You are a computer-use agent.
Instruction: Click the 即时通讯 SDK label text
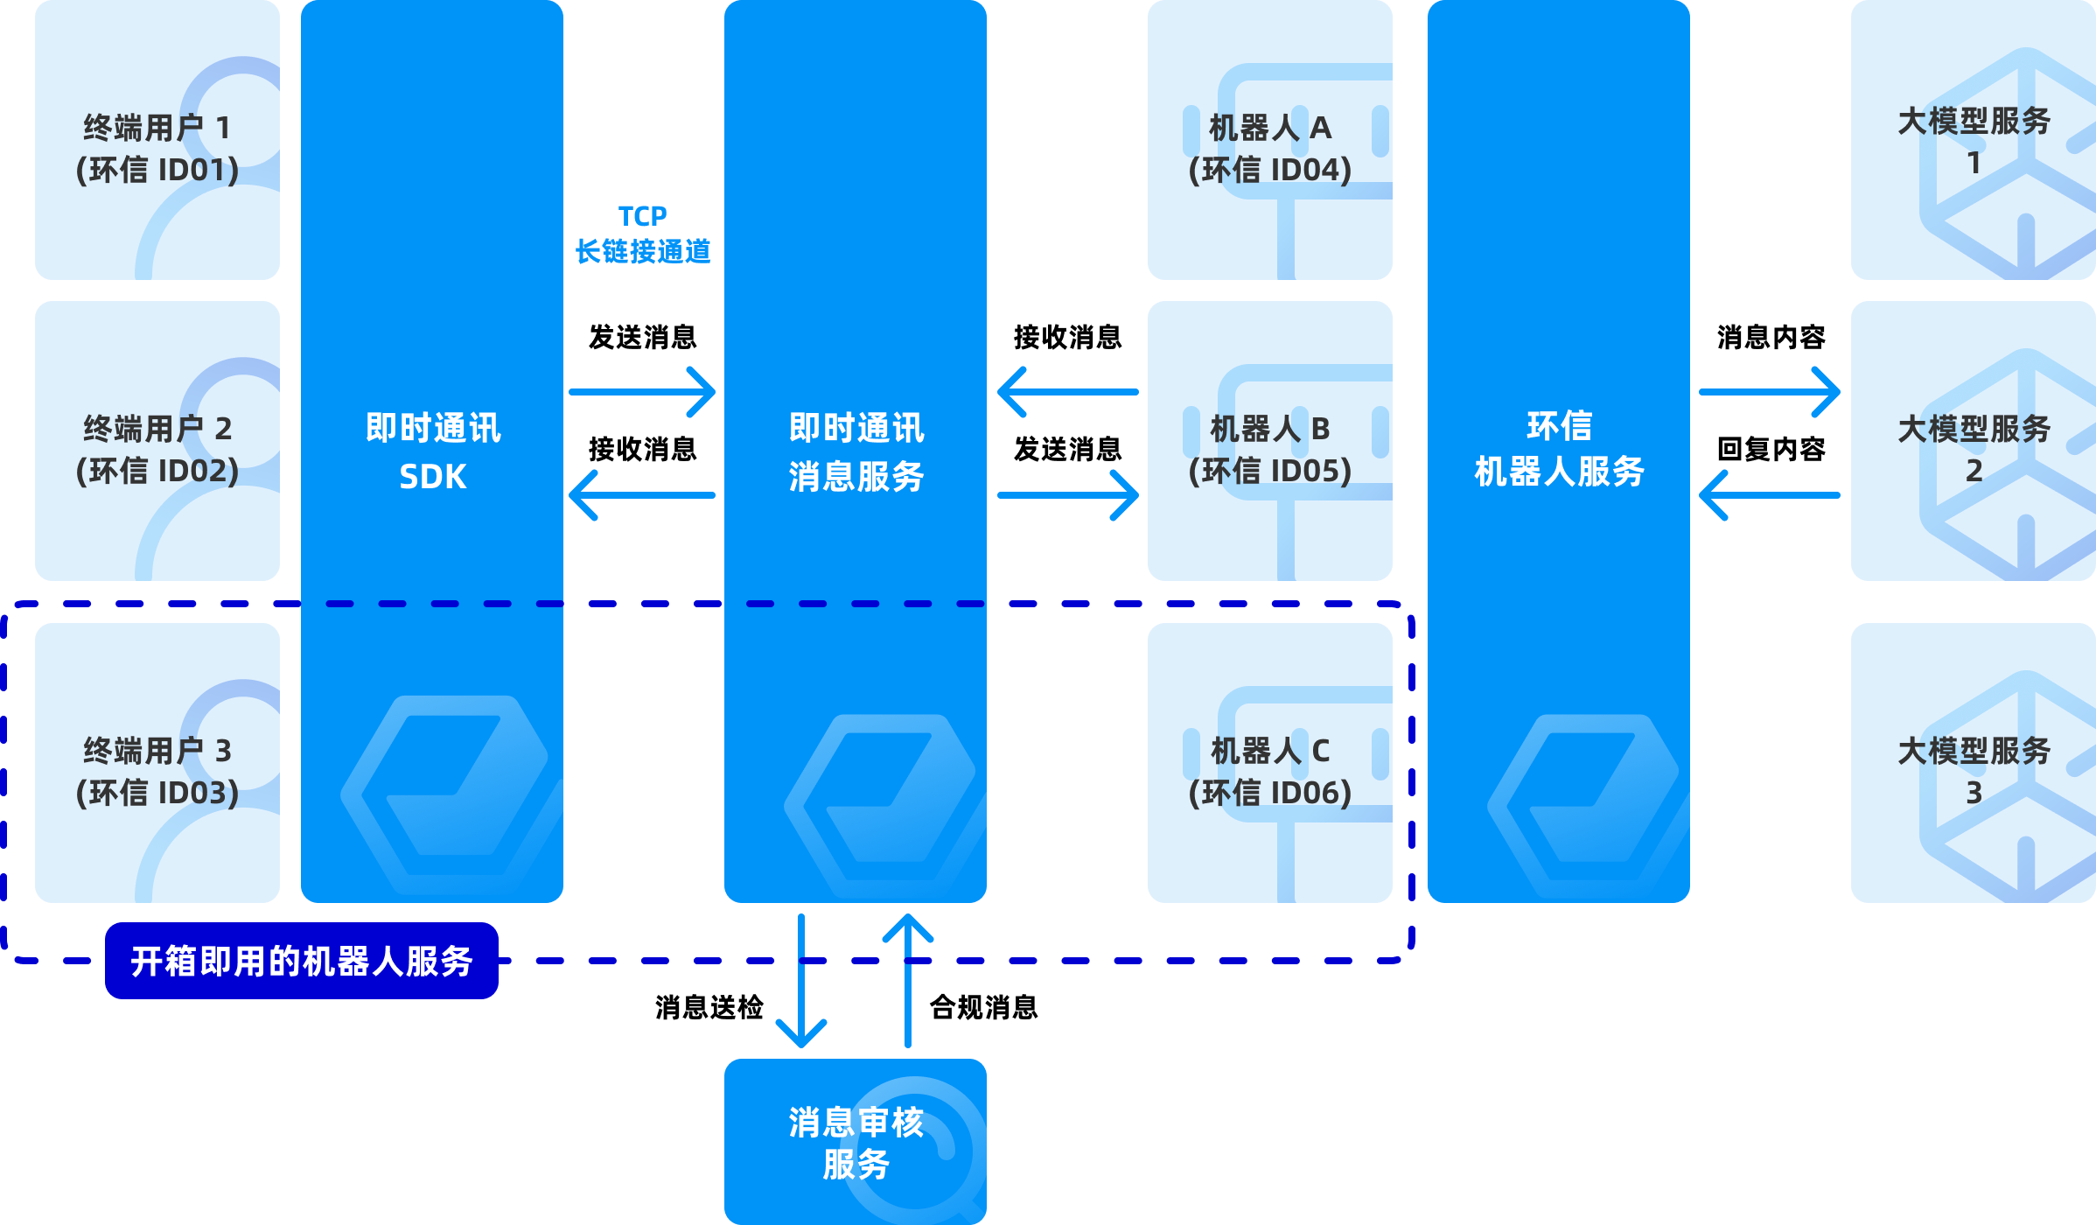pos(432,451)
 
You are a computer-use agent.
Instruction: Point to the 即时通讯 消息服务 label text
pos(856,451)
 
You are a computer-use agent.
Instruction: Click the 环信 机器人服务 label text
pos(1559,449)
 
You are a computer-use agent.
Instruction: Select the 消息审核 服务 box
pos(856,1142)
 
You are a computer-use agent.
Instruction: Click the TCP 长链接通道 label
pos(643,234)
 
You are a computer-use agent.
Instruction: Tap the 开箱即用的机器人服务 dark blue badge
pos(302,961)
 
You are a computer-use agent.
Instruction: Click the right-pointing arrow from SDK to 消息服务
pos(642,392)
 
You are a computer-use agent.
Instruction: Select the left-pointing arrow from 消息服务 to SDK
pos(642,495)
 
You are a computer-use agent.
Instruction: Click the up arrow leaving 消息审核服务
pos(908,980)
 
